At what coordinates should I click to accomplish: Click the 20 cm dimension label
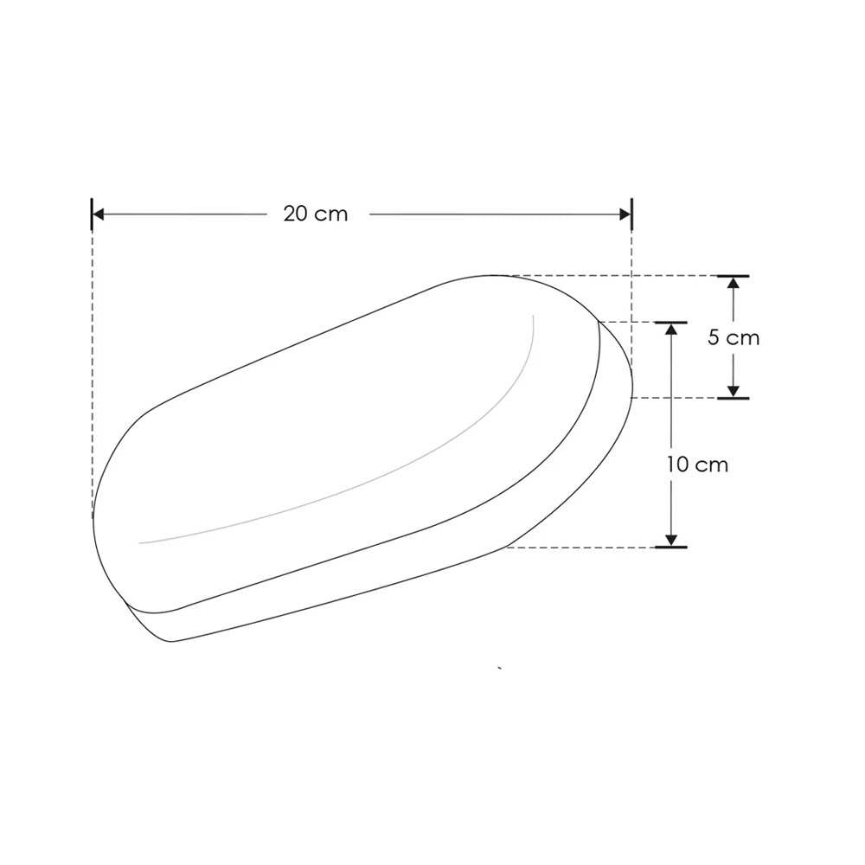coord(315,214)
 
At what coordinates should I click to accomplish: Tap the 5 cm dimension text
coord(733,337)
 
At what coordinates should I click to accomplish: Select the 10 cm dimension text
coord(697,465)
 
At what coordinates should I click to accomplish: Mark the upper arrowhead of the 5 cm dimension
coord(734,284)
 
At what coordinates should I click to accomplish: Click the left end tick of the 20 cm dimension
coord(92,214)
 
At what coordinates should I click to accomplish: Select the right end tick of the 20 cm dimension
coord(632,214)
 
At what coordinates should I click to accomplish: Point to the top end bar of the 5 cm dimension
coord(734,276)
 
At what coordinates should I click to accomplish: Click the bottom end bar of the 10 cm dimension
coord(670,548)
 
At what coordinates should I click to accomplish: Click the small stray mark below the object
coord(500,668)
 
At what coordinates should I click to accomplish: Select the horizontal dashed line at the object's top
coord(605,276)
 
